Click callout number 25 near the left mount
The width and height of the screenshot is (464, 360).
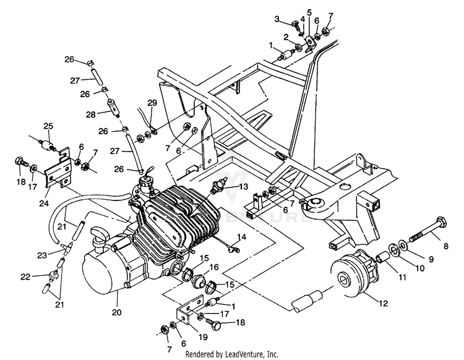click(48, 126)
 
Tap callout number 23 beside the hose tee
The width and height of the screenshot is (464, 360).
click(42, 254)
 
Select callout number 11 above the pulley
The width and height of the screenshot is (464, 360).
click(403, 278)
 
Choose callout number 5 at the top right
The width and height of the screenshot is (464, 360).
click(309, 12)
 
